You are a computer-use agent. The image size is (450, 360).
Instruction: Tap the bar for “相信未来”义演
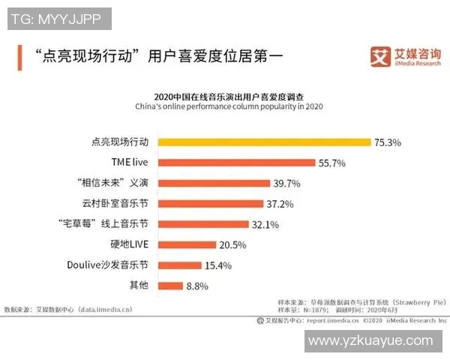(214, 183)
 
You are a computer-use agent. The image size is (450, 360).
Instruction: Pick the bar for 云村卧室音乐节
(211, 203)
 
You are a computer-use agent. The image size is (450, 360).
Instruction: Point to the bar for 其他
(171, 285)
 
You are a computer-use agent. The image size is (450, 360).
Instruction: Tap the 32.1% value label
(265, 224)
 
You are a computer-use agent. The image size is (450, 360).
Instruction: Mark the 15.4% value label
(218, 265)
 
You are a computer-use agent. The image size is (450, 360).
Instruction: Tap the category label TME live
(129, 162)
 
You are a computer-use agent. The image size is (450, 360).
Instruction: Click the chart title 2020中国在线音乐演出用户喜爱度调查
(229, 97)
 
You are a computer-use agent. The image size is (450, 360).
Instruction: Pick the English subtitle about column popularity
(229, 107)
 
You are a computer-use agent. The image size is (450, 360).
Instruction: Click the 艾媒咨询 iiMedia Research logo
(403, 56)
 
